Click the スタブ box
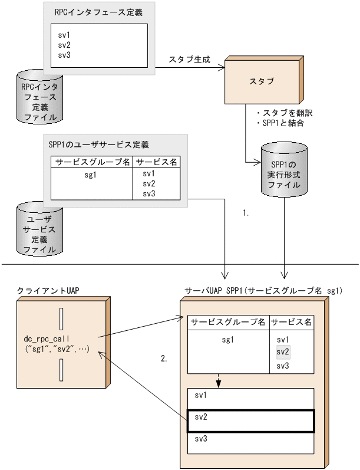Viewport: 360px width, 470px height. [262, 81]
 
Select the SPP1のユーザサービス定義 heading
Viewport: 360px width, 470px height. [98, 144]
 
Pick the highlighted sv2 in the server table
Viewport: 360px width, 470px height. [284, 352]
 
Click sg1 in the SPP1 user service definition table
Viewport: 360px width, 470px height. [91, 175]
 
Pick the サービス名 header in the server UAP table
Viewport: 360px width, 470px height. [290, 323]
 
